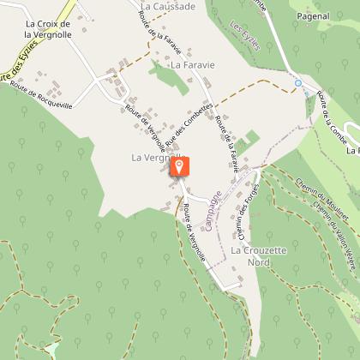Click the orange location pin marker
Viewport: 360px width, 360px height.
click(x=180, y=167)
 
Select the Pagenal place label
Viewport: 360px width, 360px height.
click(x=311, y=16)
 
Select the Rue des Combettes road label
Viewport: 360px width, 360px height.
click(x=187, y=128)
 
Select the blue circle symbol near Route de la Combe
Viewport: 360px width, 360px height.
click(x=298, y=84)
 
